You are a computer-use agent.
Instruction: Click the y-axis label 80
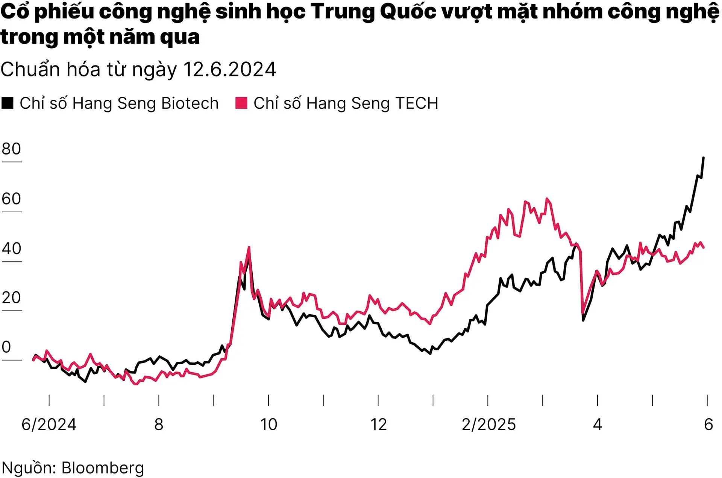11,149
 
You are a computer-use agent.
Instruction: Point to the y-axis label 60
11,199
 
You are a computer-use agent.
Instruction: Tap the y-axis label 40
11,249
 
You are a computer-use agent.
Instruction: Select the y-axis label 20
11,298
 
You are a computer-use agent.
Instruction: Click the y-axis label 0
6,347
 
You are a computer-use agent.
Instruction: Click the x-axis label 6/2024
49,425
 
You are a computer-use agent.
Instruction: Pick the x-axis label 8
159,425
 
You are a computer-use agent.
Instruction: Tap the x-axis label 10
268,425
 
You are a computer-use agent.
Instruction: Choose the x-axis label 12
378,425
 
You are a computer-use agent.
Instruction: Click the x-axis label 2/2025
488,425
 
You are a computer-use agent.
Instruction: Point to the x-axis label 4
598,425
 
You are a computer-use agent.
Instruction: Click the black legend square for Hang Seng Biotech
8,103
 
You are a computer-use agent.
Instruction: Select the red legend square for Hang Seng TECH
241,103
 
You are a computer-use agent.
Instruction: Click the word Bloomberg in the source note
103,468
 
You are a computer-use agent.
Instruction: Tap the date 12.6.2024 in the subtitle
229,70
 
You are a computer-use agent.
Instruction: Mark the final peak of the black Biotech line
704,158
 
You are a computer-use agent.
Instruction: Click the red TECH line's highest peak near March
547,199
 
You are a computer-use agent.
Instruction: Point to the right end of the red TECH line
704,247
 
